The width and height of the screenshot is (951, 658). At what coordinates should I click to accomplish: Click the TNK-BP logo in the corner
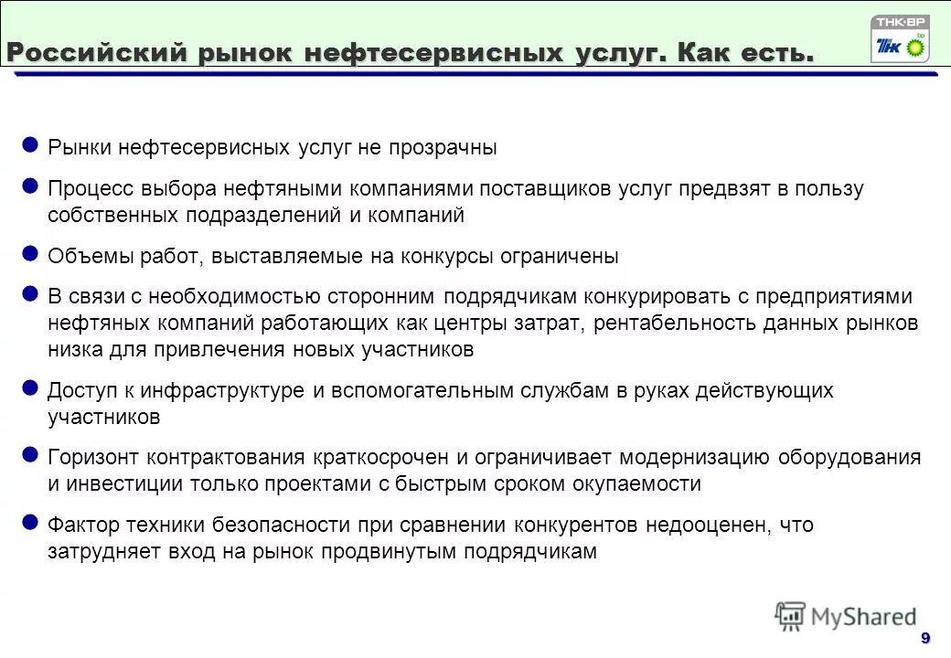point(900,39)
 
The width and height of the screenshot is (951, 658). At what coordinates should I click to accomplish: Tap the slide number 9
point(925,637)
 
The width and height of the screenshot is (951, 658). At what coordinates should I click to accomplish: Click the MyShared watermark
point(845,617)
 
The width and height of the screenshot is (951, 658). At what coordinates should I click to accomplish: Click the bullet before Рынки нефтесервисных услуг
point(29,145)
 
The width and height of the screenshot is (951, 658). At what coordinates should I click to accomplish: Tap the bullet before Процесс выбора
point(29,187)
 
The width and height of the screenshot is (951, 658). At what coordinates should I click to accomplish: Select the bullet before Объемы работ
point(29,254)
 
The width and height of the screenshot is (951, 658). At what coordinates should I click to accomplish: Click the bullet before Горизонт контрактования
point(29,454)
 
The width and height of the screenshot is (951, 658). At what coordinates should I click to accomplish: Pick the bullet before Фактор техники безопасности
point(29,523)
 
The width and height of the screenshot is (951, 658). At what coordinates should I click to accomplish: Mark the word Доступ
point(78,391)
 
